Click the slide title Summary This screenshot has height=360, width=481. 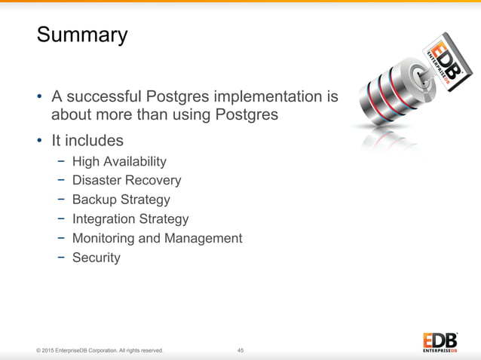tap(82, 35)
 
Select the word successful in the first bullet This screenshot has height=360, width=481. tap(106, 96)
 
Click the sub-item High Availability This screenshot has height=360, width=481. tap(119, 161)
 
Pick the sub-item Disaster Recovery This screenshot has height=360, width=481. tap(127, 181)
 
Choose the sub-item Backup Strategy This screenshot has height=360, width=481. tap(121, 200)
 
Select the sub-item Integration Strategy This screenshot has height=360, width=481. tap(130, 219)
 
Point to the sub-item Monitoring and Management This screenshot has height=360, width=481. tap(157, 238)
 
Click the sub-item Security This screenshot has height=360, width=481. tap(96, 258)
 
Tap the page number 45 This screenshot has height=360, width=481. tap(240, 350)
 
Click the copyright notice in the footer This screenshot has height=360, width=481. tap(93, 350)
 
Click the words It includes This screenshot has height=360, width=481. tap(87, 141)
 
